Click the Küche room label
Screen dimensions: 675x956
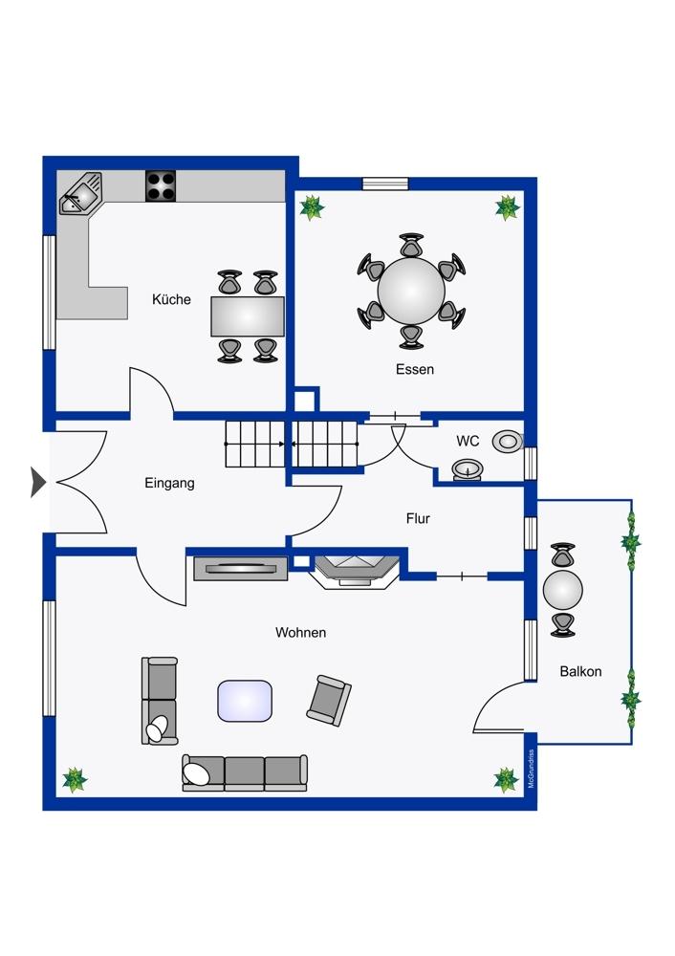171,299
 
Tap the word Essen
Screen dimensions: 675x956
415,369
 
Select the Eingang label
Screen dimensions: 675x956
169,484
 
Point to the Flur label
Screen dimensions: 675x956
418,518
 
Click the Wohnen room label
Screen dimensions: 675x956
300,632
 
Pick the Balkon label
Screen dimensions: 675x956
580,671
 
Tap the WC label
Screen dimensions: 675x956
468,441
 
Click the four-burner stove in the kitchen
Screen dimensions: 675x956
161,186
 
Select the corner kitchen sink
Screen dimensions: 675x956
80,194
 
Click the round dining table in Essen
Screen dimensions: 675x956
411,291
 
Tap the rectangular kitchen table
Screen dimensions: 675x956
248,316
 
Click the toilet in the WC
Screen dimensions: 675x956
508,441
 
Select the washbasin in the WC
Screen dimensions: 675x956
468,470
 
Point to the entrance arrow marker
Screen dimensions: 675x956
38,482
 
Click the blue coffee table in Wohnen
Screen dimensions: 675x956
245,701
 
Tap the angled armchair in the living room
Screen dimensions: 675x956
329,701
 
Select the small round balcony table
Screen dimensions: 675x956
563,590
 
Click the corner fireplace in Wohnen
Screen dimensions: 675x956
356,572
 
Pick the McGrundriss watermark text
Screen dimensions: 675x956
531,769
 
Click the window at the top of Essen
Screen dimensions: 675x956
385,184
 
